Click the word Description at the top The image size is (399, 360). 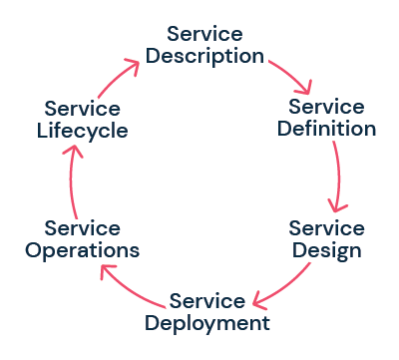coord(205,56)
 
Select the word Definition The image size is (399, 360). coord(326,129)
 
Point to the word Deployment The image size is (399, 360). coord(206,323)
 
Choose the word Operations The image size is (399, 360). coord(84,249)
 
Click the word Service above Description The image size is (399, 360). coord(205,33)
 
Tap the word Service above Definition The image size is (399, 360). coord(326,106)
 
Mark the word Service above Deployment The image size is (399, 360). coord(206,300)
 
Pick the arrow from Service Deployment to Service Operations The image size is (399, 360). coord(130,289)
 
